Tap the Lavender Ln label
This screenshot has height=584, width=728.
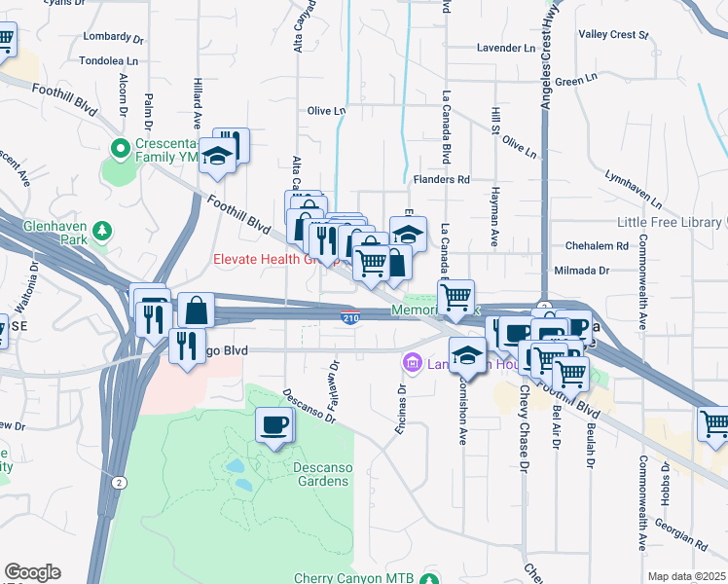coord(506,48)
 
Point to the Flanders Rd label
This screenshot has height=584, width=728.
coord(441,180)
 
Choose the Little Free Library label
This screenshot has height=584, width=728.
coord(672,222)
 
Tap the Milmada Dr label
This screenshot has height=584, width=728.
coord(581,271)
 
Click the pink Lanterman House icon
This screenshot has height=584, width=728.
coord(412,363)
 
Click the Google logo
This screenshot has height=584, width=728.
coord(32,572)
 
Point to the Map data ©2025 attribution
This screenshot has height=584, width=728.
coord(686,576)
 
